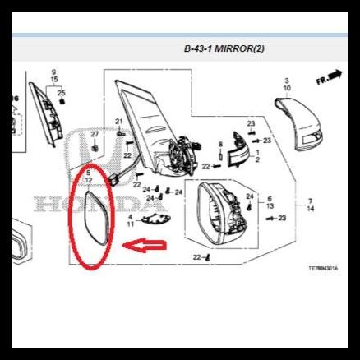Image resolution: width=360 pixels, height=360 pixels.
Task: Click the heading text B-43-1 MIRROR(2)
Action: point(224,49)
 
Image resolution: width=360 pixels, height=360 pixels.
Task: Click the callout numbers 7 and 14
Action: point(311,205)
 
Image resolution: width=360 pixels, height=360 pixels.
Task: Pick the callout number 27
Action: point(95,134)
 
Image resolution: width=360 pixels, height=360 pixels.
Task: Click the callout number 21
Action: point(119,122)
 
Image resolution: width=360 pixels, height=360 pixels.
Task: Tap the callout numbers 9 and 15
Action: point(54,77)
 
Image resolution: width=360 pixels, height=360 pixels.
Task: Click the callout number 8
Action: point(220,144)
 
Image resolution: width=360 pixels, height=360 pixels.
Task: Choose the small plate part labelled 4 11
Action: point(152,219)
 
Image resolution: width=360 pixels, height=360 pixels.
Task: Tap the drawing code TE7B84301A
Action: point(323,268)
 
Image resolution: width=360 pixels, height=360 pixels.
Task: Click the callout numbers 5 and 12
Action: point(88,176)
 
